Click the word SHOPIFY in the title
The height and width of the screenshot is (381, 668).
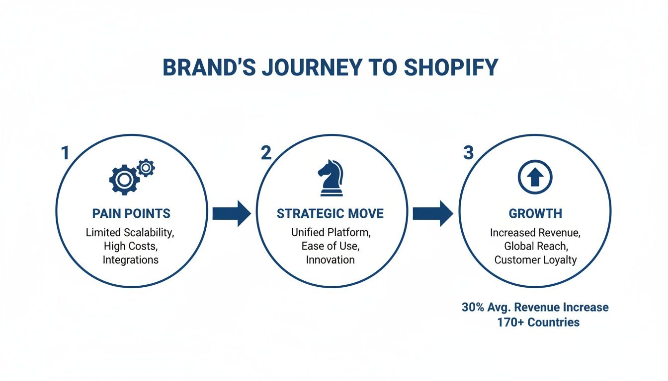coord(451,68)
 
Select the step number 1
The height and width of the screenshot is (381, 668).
coord(65,153)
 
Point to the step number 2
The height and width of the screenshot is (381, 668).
coord(266,153)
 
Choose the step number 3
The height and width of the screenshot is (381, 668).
coord(468,153)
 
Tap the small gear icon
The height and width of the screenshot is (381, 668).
coord(146,168)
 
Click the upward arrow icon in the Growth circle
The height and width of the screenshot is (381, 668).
coord(535,177)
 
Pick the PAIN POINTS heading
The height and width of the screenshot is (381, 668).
coord(131,214)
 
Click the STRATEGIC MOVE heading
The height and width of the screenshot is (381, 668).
coord(330,214)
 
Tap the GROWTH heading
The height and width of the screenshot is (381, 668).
coord(535,214)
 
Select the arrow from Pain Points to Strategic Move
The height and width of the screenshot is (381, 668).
coord(232,214)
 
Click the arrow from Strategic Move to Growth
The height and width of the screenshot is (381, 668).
coord(433,214)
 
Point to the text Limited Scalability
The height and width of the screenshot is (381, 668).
coord(130,232)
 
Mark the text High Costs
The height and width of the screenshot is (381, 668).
coord(130,246)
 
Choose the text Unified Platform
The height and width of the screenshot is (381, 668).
coord(330,232)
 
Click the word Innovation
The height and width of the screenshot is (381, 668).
coord(330,260)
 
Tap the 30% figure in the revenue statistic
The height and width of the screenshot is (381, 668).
coord(473,308)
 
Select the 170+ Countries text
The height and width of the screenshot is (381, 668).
coord(538,322)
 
